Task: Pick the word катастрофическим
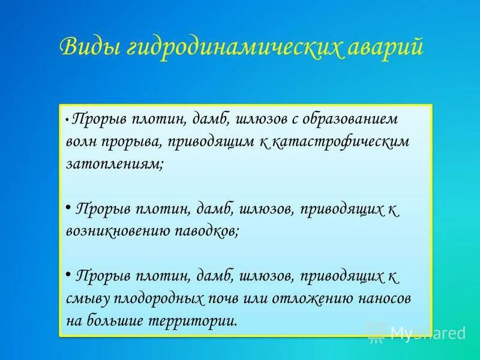coord(340,142)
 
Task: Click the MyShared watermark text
coord(427,332)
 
